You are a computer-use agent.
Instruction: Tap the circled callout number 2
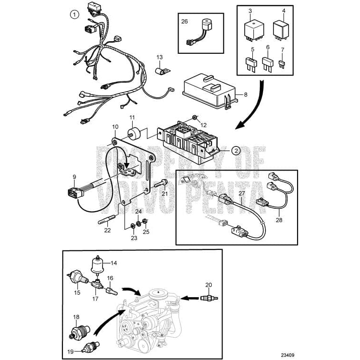point(235,151)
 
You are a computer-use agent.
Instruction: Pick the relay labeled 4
point(283,30)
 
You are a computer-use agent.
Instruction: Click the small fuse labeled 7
point(283,64)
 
